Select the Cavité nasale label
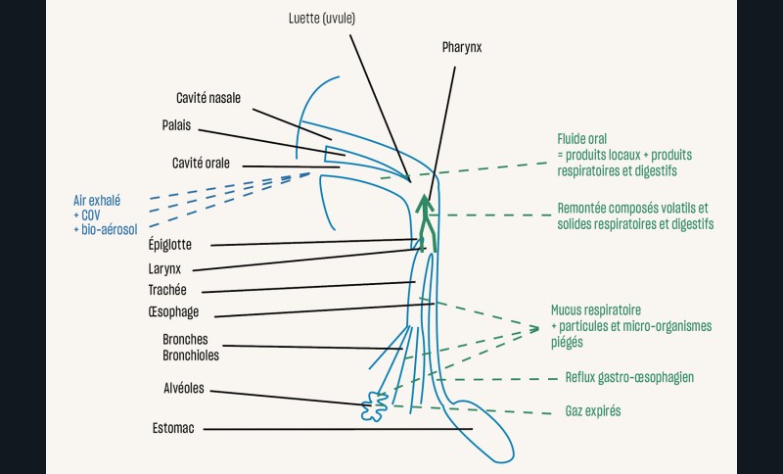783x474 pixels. (x=207, y=98)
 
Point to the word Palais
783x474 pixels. (x=176, y=126)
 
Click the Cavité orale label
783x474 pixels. (x=201, y=163)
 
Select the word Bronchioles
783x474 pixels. (x=191, y=355)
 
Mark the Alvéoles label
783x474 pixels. (x=184, y=388)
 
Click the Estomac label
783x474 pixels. (x=173, y=428)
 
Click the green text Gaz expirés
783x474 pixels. (x=593, y=411)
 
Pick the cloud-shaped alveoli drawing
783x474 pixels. (x=373, y=406)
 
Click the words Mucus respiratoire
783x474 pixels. (x=603, y=310)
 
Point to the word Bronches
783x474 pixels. (x=185, y=340)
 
